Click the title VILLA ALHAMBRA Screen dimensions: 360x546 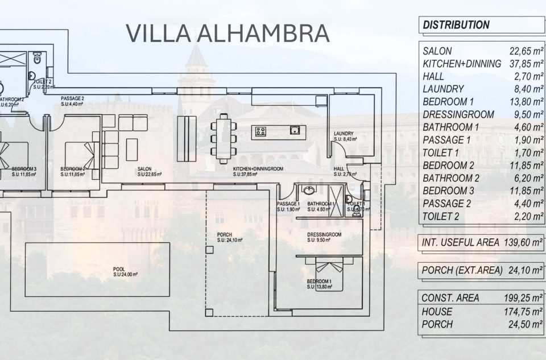point(227,33)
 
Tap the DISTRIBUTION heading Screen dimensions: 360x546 point(456,25)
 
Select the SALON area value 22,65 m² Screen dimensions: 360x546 point(526,51)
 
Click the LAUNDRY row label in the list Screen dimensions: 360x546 point(443,89)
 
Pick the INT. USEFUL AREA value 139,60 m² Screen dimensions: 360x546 point(523,242)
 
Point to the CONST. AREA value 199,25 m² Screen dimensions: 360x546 point(524,297)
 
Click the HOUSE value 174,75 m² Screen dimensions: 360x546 point(524,311)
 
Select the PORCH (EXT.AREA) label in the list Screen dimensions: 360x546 point(459,270)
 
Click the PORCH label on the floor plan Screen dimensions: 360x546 point(225,237)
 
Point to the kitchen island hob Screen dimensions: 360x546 point(261,132)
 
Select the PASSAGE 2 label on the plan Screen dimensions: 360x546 point(72,101)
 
